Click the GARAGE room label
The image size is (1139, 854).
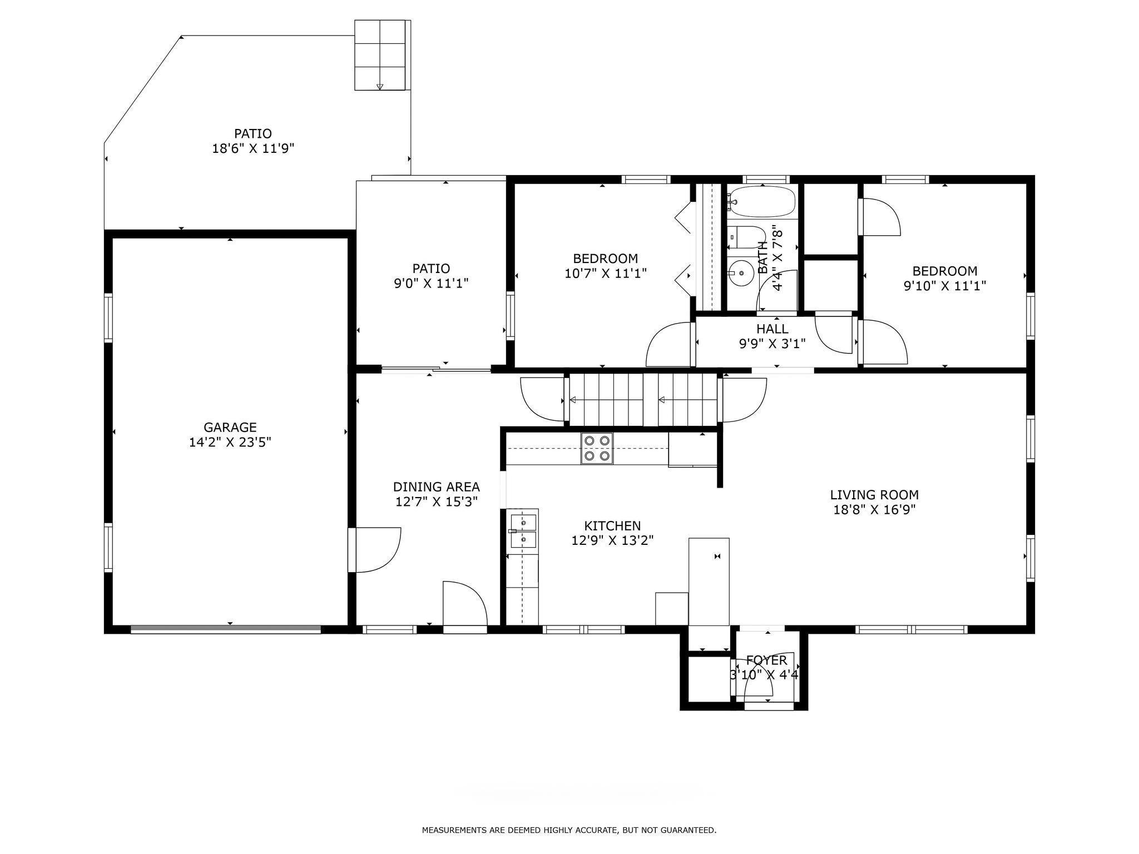[230, 427]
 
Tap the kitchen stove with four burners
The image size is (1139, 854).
[597, 448]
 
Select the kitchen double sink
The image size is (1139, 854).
[522, 532]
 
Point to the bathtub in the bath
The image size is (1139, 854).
[762, 202]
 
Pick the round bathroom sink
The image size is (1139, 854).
[742, 273]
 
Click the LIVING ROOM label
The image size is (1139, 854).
[874, 494]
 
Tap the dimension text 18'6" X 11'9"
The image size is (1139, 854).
[253, 148]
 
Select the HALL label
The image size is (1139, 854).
[772, 329]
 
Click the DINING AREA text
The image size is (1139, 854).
[436, 486]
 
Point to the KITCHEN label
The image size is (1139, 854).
[612, 525]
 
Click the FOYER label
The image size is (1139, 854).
[766, 660]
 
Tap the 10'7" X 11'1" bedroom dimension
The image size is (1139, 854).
[606, 273]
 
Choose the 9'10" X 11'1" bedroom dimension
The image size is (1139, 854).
[945, 286]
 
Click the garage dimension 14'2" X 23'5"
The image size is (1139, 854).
[230, 442]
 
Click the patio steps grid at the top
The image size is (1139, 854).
[380, 54]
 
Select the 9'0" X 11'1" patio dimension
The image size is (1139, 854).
[431, 283]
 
